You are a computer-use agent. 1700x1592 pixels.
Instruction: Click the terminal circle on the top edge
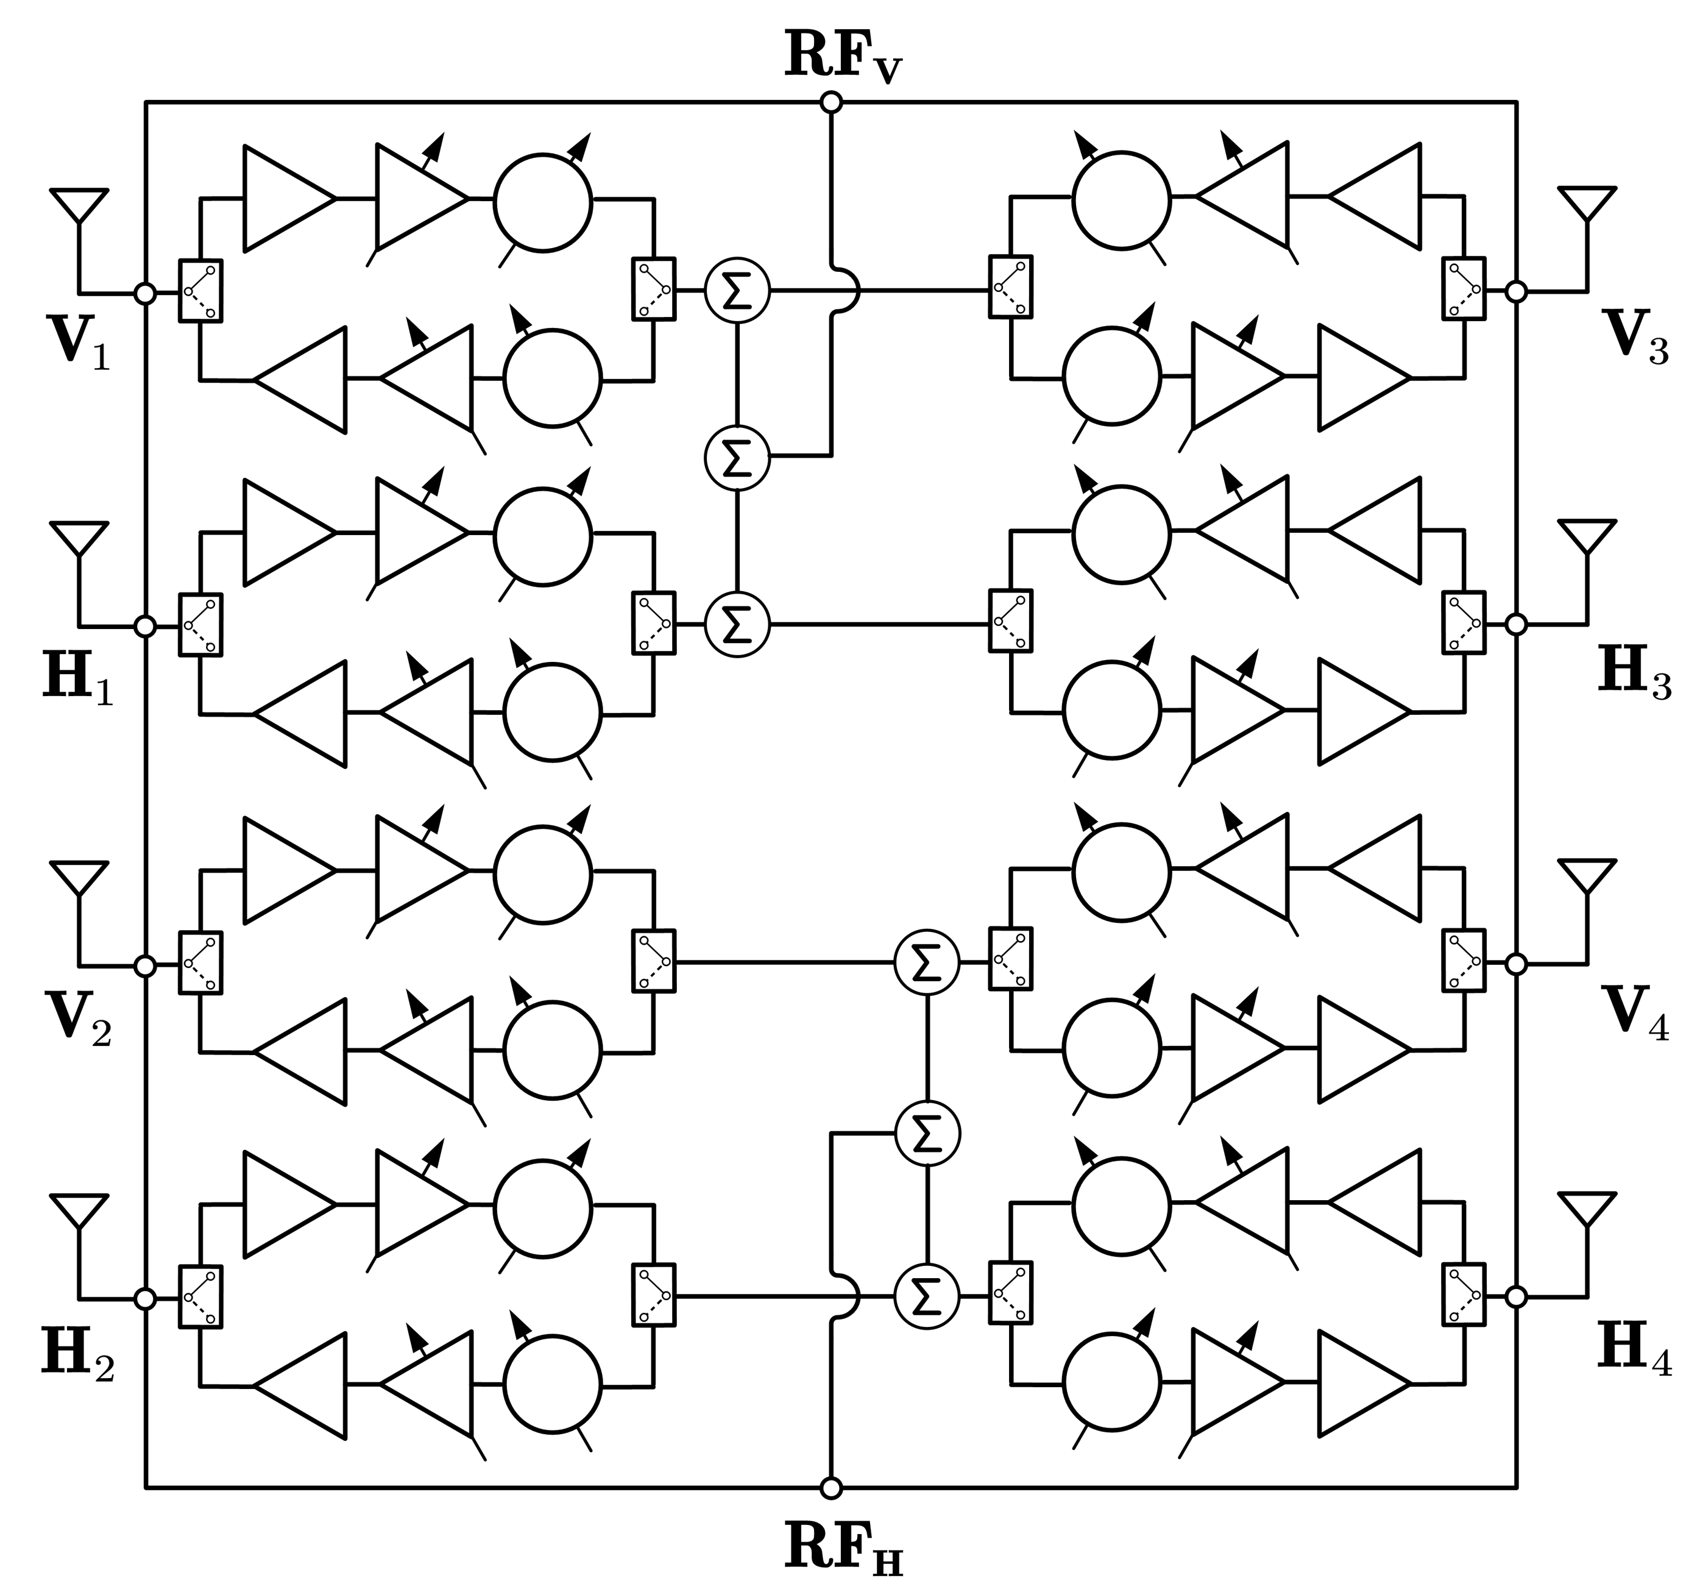coord(831,104)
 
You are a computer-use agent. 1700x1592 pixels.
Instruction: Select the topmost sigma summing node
coord(737,291)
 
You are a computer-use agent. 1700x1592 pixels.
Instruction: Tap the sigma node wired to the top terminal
coord(737,458)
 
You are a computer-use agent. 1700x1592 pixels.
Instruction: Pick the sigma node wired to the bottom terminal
coord(927,1134)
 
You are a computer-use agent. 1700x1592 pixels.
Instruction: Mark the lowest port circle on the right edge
coord(1515,1297)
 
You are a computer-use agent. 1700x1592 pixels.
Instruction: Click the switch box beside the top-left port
coord(200,291)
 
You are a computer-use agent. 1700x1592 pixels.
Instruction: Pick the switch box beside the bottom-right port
coord(1464,1295)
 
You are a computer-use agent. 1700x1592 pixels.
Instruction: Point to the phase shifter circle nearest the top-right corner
coord(1121,201)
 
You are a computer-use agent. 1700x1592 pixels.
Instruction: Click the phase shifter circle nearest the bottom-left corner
coord(553,1384)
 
